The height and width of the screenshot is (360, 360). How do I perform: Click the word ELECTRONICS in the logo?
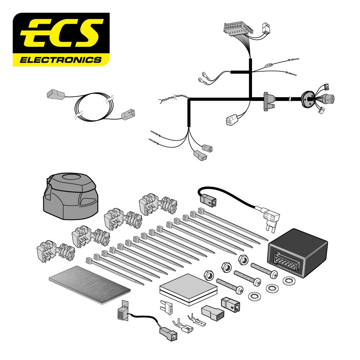click(x=61, y=59)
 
